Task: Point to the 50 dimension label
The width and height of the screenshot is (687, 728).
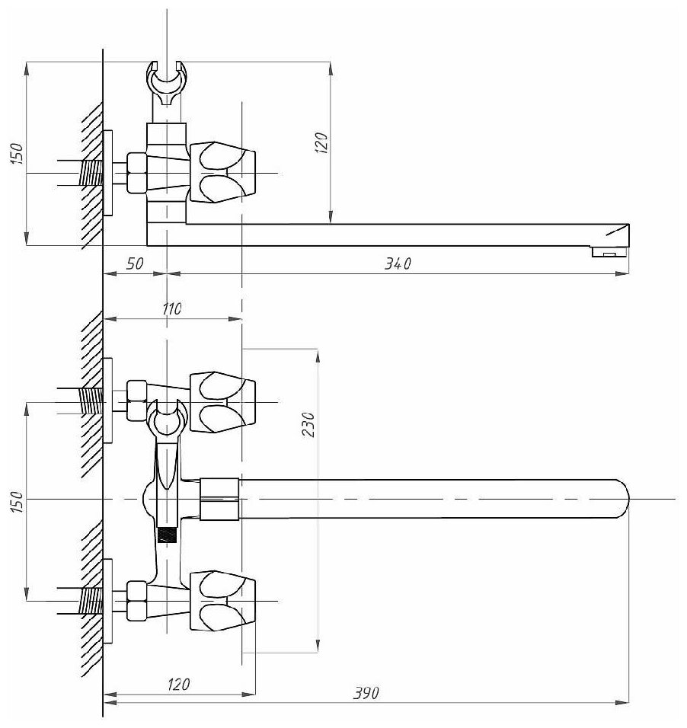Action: (134, 264)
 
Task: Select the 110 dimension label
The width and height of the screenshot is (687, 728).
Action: (172, 309)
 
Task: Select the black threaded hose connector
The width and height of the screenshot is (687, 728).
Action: (165, 534)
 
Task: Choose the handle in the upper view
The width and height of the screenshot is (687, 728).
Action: (222, 173)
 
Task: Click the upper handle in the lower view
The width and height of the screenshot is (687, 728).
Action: (222, 401)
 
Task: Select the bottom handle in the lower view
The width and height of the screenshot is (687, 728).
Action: (222, 601)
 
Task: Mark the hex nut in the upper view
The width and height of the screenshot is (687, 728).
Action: (137, 173)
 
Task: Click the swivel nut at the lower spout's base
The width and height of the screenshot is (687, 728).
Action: (219, 499)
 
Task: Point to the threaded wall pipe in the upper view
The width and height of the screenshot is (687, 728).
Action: (90, 173)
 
